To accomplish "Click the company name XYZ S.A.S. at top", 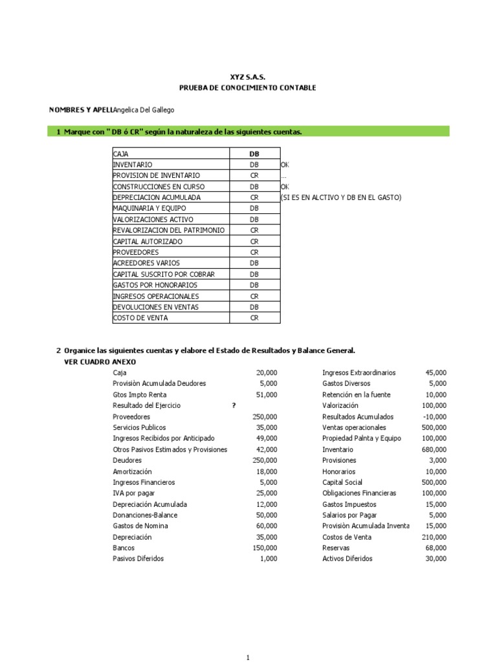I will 248,77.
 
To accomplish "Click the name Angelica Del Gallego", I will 143,110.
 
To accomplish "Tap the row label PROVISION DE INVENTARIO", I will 156,176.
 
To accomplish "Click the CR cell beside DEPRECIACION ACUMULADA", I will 254,198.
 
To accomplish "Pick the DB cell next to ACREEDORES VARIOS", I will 254,264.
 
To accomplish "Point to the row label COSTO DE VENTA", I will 140,318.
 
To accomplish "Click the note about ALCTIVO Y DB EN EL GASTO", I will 341,198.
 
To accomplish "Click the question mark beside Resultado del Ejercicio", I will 234,405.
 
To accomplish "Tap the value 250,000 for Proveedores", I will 265,417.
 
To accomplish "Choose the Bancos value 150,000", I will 265,548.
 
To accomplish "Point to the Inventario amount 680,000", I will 433,449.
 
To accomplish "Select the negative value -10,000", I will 433,417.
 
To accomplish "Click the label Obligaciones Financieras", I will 359,493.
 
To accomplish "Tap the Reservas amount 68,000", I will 435,548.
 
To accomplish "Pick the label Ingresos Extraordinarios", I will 359,373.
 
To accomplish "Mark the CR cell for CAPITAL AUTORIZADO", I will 254,242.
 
